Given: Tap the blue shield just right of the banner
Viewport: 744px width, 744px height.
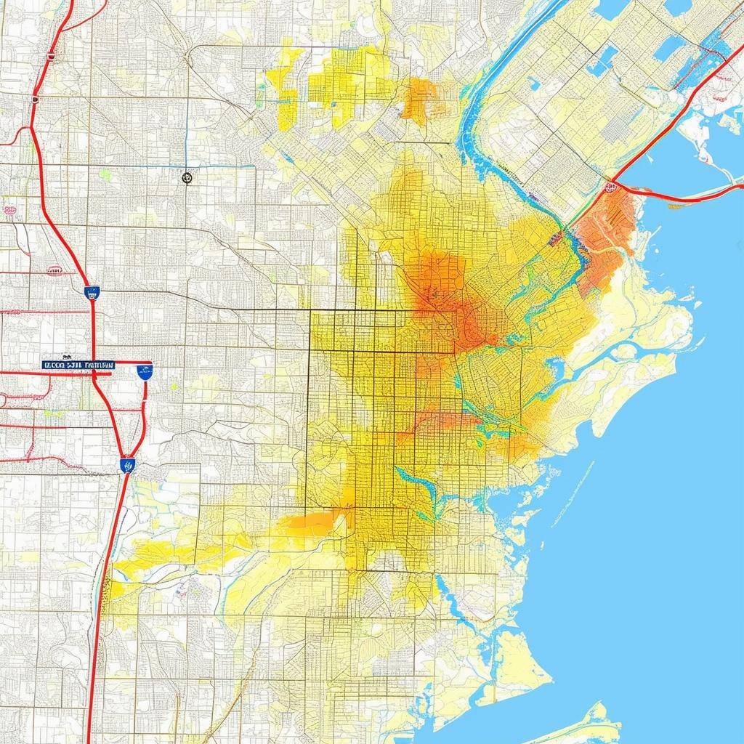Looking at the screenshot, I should tap(145, 373).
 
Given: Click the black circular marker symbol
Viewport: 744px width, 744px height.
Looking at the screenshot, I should tap(187, 176).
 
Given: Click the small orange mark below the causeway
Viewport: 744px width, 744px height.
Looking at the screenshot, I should tap(676, 206).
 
